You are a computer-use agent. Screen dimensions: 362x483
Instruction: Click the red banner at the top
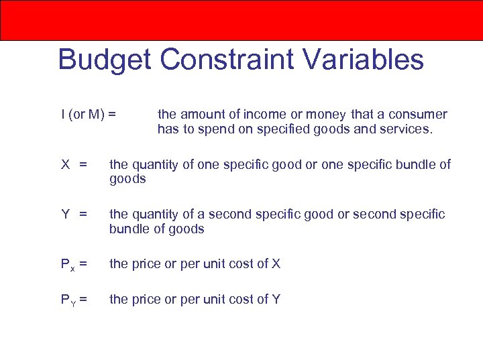click(x=241, y=20)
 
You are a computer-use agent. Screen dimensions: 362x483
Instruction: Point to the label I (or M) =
click(x=88, y=115)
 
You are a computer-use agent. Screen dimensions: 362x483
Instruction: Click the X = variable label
click(x=74, y=165)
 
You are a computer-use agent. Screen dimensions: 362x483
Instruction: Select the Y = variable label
click(x=74, y=215)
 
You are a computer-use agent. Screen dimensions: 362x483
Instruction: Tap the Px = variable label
click(x=74, y=264)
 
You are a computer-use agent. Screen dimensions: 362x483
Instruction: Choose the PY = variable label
click(x=74, y=300)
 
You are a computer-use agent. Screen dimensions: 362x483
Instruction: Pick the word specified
click(x=278, y=129)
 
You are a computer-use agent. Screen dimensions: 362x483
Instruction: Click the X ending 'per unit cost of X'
click(x=276, y=264)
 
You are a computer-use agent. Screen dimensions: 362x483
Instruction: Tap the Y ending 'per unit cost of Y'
click(x=276, y=300)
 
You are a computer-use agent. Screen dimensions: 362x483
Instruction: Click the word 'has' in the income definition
click(x=168, y=129)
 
